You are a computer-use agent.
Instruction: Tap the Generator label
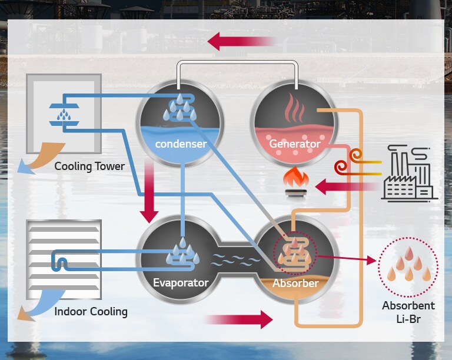295,144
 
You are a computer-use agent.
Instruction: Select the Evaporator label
181,283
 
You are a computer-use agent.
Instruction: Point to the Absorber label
295,283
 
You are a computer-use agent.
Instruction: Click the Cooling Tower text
89,166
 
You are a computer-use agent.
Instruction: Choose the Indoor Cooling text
91,311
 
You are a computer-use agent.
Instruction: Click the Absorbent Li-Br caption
408,311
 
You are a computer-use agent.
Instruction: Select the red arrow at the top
241,41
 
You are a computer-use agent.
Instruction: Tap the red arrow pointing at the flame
344,187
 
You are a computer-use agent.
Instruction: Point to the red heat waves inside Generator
294,108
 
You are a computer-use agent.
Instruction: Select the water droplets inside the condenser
180,107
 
